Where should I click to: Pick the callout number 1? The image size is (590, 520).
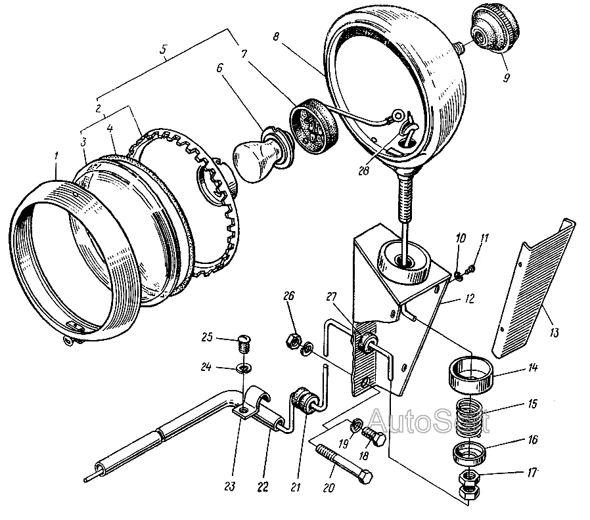click(x=58, y=156)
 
